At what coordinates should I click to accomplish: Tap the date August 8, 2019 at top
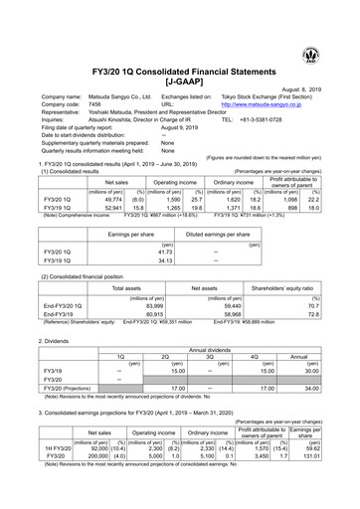click(320, 86)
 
